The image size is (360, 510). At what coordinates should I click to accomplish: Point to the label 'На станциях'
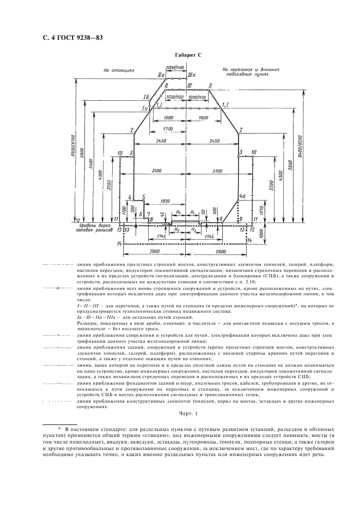[116, 70]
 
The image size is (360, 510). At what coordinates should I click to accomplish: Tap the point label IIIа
[191, 75]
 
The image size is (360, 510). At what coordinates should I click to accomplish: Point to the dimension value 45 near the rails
[162, 214]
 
